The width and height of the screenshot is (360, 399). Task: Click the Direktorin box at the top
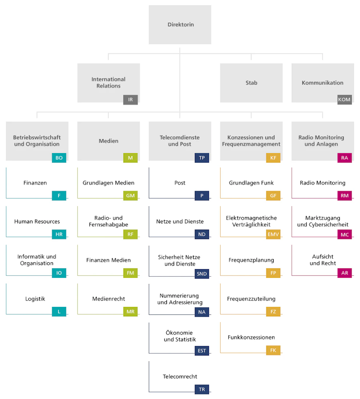point(180,25)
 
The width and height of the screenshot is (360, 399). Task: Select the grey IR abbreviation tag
point(130,100)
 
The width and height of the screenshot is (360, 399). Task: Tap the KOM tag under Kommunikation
point(344,100)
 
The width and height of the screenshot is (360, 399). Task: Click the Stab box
point(251,83)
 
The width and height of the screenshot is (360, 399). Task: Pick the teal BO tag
point(59,158)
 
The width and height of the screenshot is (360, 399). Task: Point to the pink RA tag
point(344,158)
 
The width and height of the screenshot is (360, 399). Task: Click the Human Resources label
point(37,222)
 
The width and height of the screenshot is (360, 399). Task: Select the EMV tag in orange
point(273,234)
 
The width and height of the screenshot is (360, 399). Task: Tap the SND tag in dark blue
point(202,274)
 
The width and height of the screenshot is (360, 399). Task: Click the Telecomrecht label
point(180,377)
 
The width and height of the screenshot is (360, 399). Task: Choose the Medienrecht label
point(109,299)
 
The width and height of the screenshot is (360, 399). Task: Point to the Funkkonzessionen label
point(251,337)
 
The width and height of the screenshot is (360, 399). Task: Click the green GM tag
point(130,196)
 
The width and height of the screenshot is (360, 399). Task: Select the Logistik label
point(35,299)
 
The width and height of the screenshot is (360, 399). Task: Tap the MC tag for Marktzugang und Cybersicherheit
point(344,234)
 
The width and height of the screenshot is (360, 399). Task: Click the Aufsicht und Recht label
point(323,260)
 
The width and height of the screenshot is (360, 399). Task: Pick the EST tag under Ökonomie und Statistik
point(202,351)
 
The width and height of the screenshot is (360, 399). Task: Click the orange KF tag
point(273,158)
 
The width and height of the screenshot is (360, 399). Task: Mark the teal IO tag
point(59,273)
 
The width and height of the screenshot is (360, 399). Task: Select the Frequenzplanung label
point(251,260)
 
